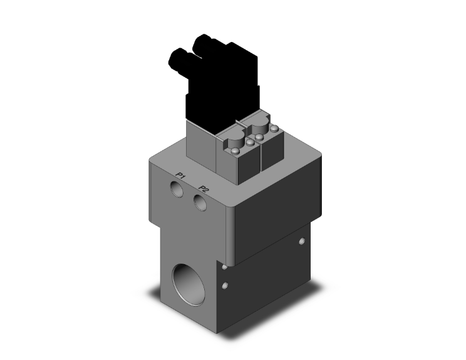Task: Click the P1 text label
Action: (x=180, y=176)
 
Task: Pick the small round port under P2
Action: (x=200, y=202)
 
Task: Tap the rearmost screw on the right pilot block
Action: (x=273, y=128)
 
